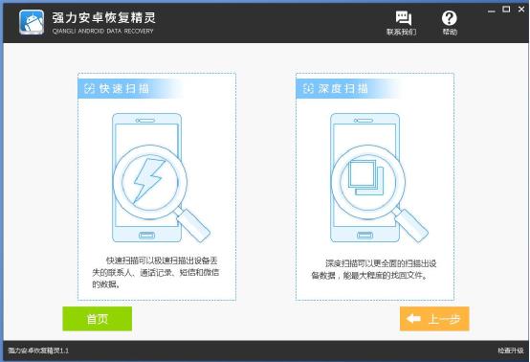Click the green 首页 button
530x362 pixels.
97,319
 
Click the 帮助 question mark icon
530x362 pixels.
450,18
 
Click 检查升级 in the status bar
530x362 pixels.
511,351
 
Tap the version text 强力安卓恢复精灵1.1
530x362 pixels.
38,351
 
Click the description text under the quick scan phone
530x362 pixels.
154,271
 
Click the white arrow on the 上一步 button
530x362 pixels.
415,319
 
